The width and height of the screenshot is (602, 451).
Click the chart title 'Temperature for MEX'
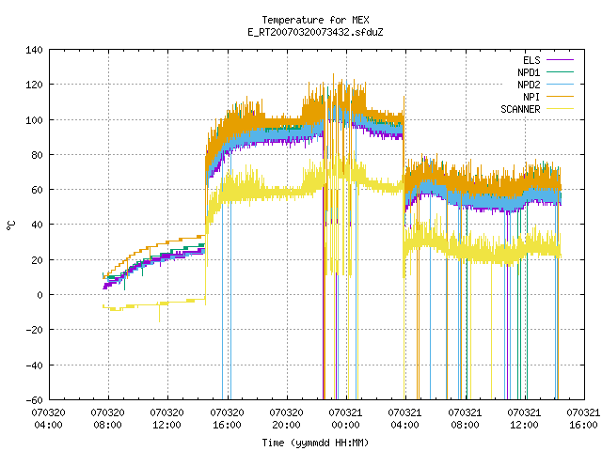315,20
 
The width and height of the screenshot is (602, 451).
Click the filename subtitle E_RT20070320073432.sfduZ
315,32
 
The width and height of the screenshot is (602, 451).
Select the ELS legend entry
548,60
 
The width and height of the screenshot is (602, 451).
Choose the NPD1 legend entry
546,72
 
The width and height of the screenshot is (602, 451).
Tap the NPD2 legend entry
546,85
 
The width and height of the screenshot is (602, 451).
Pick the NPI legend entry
548,97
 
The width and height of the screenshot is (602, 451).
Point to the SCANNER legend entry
537,109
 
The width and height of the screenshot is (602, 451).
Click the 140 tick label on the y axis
34,50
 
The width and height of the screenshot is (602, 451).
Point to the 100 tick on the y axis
34,120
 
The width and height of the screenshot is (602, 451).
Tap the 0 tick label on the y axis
40,295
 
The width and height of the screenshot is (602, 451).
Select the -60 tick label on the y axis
34,400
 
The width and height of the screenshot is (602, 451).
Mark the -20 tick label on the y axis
34,330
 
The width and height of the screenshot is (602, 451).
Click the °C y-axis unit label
11,225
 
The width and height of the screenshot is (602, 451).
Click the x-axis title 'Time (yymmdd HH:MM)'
315,443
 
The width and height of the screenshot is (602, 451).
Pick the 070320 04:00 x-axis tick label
48,418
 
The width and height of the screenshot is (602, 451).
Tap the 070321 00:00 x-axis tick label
345,418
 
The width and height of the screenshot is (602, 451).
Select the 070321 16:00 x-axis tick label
583,418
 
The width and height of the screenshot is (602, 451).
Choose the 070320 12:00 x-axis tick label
167,418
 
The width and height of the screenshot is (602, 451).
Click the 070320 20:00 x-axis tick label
286,418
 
